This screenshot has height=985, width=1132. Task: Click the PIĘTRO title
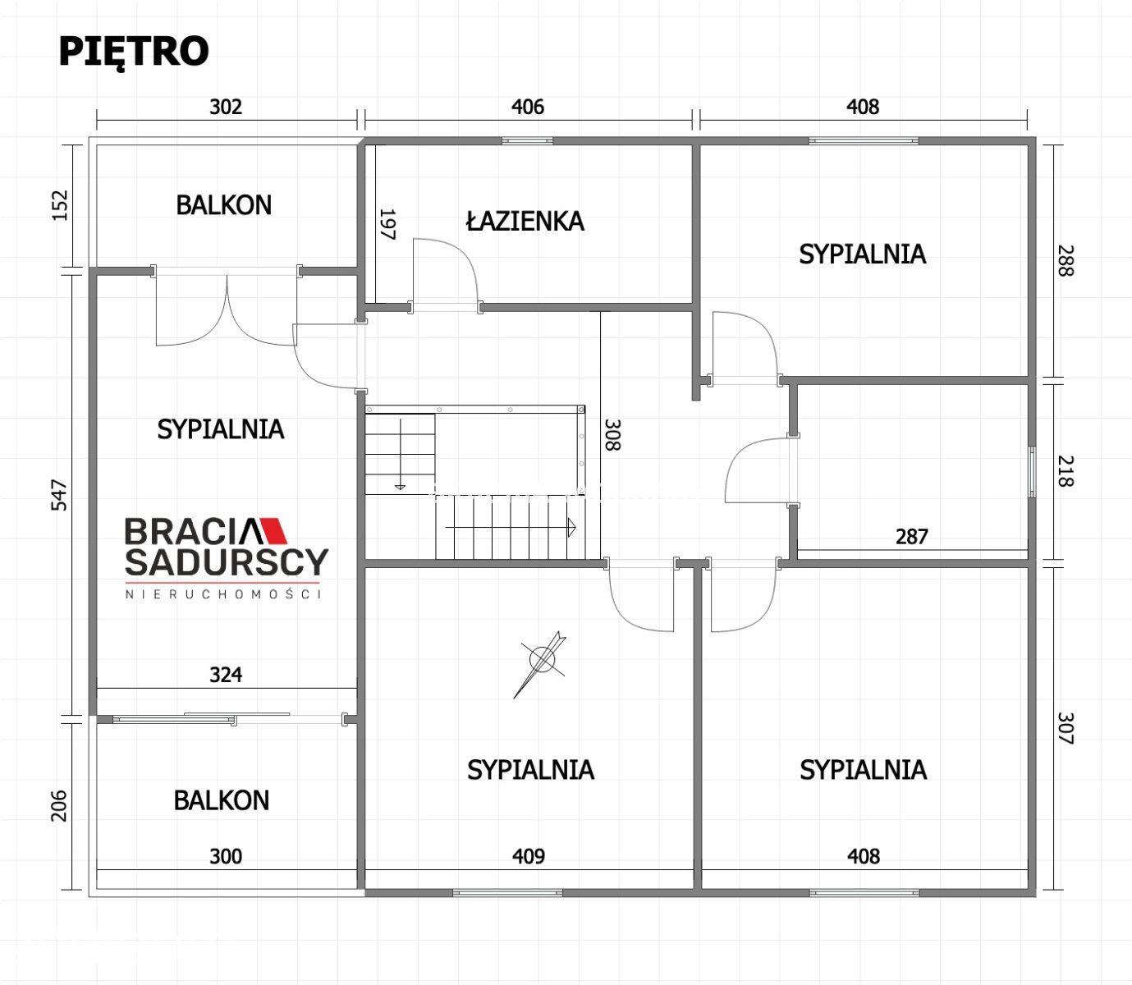pyautogui.click(x=134, y=52)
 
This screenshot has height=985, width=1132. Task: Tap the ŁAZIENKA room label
pyautogui.click(x=525, y=221)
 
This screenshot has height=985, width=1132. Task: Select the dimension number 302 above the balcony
pyautogui.click(x=226, y=107)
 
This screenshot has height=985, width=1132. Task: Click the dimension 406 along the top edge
pyautogui.click(x=528, y=107)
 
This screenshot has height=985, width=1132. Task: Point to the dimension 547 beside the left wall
pyautogui.click(x=60, y=496)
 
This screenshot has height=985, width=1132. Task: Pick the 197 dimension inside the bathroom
pyautogui.click(x=388, y=224)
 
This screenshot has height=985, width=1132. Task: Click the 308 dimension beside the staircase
pyautogui.click(x=612, y=435)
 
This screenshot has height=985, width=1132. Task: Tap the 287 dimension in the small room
pyautogui.click(x=912, y=537)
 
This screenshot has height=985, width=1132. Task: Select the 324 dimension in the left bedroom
pyautogui.click(x=226, y=675)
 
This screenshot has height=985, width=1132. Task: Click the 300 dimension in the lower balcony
pyautogui.click(x=226, y=857)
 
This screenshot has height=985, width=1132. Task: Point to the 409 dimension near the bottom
pyautogui.click(x=529, y=856)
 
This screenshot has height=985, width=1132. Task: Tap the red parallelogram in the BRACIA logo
pyautogui.click(x=274, y=530)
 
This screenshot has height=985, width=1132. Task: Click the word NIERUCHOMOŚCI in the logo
pyautogui.click(x=223, y=594)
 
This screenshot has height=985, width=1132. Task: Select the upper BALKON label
pyautogui.click(x=223, y=205)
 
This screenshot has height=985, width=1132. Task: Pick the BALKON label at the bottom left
pyautogui.click(x=222, y=800)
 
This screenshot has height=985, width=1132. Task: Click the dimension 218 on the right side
pyautogui.click(x=1066, y=471)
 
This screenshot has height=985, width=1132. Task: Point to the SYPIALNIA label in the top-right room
pyautogui.click(x=863, y=254)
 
